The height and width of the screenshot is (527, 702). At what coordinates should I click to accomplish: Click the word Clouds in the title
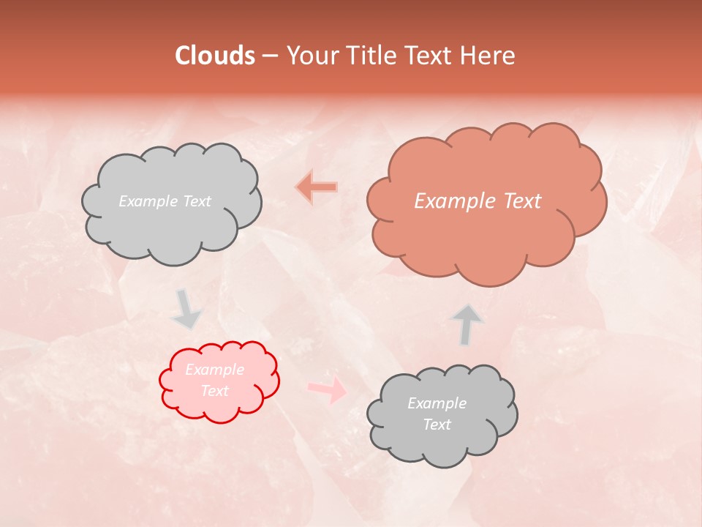pyautogui.click(x=214, y=56)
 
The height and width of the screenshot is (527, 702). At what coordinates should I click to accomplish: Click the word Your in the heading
pyautogui.click(x=312, y=56)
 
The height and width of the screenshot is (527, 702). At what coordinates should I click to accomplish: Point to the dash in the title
pyautogui.click(x=270, y=56)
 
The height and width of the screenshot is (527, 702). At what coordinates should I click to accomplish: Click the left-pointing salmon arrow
pyautogui.click(x=317, y=187)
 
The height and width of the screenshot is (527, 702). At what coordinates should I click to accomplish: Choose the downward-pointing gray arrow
pyautogui.click(x=187, y=309)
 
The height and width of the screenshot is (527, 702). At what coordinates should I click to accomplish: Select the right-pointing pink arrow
pyautogui.click(x=328, y=389)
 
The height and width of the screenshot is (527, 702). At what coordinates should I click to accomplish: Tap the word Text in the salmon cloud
pyautogui.click(x=521, y=201)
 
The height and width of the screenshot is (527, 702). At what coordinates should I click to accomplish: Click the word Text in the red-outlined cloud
pyautogui.click(x=215, y=391)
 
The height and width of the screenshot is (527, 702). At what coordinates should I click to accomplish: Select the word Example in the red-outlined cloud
pyautogui.click(x=215, y=370)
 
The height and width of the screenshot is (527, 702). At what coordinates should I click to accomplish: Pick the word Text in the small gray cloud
pyautogui.click(x=437, y=425)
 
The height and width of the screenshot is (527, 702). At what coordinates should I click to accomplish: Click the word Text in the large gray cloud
pyautogui.click(x=197, y=201)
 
